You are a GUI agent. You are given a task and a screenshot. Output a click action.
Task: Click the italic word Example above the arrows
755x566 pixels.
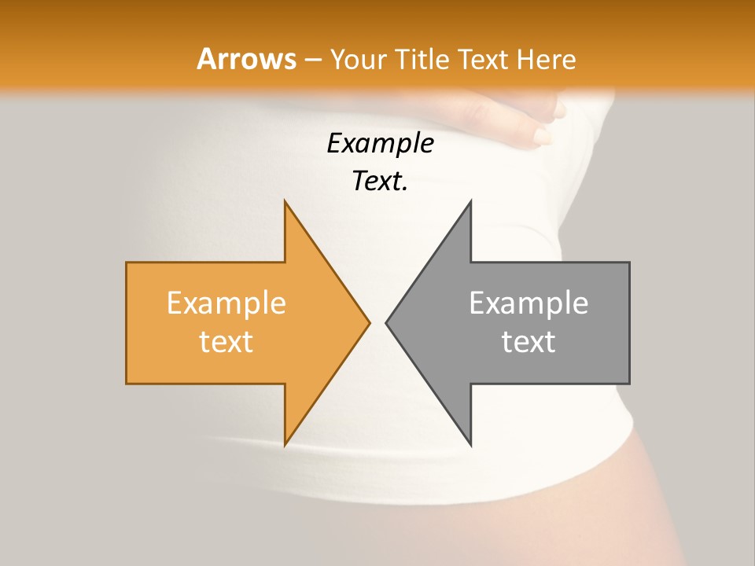click(380, 143)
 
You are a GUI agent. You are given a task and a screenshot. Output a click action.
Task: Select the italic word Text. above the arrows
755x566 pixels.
click(380, 181)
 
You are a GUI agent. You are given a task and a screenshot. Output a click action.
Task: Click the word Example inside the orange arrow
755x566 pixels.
click(226, 303)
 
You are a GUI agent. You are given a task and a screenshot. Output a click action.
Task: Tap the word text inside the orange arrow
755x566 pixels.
click(226, 341)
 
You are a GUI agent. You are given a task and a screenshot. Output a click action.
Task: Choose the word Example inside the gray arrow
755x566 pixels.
click(528, 303)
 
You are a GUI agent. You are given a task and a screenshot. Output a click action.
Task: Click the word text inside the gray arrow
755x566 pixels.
click(528, 341)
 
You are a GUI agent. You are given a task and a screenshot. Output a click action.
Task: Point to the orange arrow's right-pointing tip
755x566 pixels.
click(368, 322)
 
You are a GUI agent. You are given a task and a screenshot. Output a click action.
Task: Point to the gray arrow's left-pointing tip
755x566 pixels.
click(387, 322)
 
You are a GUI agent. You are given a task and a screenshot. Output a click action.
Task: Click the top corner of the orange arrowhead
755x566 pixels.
click(285, 203)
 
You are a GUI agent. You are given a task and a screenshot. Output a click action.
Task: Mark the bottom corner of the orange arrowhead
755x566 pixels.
click(285, 443)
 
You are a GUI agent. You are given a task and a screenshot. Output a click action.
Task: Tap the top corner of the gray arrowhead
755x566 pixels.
click(470, 203)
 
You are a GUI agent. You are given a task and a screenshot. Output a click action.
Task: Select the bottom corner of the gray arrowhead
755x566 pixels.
click(470, 443)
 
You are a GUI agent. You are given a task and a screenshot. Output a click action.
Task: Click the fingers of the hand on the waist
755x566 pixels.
click(543, 130)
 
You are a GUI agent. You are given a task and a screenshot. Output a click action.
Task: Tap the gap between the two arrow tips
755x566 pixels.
click(377, 322)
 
